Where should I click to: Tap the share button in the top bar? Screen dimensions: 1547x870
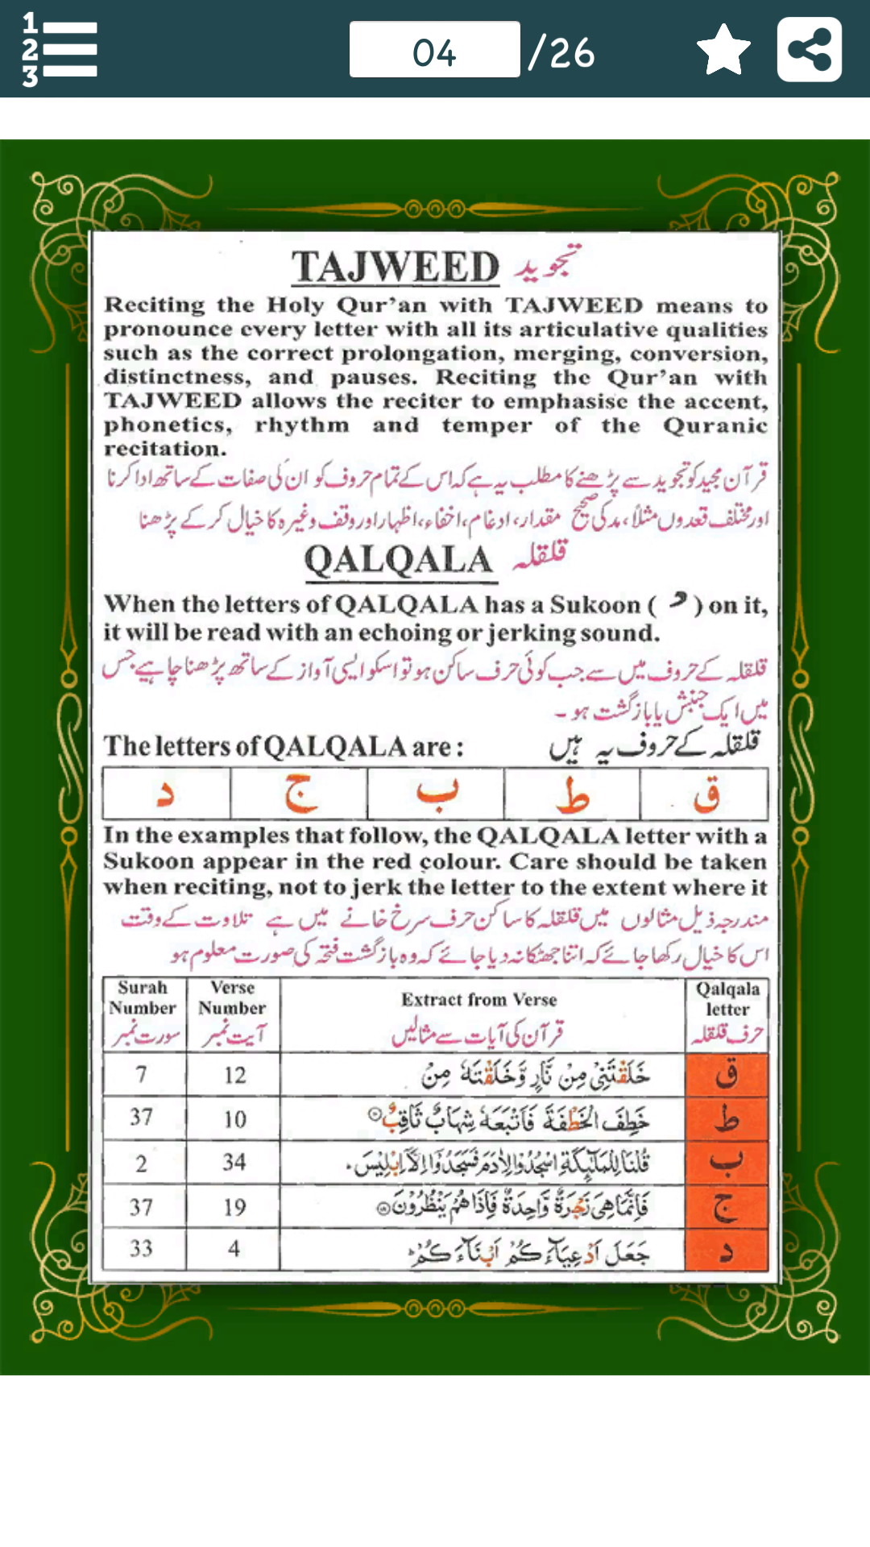[809, 50]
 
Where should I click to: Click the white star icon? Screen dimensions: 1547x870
[723, 50]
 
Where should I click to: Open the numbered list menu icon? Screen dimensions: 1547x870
[60, 50]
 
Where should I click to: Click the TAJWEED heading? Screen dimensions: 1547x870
[396, 267]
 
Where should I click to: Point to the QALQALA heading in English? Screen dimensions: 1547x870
[399, 560]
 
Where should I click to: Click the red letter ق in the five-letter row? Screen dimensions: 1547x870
[706, 794]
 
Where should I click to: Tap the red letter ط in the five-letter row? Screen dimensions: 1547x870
[572, 794]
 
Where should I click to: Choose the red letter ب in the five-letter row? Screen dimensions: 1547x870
[436, 794]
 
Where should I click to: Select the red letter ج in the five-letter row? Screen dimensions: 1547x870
[300, 794]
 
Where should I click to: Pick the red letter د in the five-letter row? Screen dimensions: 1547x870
[166, 794]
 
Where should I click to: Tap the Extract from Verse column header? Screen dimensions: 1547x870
[480, 1000]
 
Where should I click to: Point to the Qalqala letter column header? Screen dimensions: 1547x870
[727, 999]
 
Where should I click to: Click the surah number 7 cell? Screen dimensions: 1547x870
[142, 1075]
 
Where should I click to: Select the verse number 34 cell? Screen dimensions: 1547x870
[234, 1162]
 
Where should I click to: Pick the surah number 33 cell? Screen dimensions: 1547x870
[142, 1249]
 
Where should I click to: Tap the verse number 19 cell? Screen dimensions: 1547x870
[234, 1207]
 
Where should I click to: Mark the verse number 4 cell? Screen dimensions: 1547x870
[234, 1249]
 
